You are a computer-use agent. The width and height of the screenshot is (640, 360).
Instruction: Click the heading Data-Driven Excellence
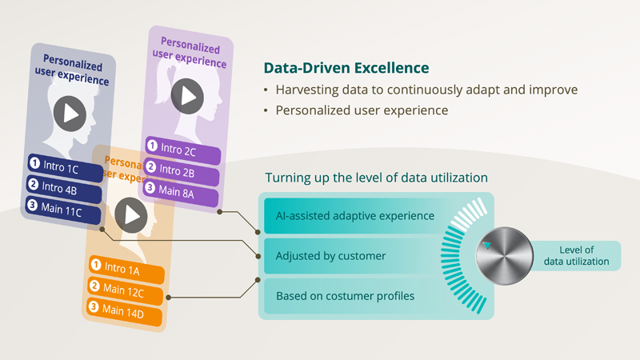tap(346, 68)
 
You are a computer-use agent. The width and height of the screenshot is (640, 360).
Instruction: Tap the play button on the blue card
tap(70, 114)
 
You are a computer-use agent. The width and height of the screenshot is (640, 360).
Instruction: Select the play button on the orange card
tap(131, 215)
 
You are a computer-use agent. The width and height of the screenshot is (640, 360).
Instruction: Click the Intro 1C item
tap(66, 168)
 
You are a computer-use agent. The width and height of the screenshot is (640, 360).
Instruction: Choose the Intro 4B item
tap(64, 189)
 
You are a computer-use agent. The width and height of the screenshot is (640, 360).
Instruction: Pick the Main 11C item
tap(63, 210)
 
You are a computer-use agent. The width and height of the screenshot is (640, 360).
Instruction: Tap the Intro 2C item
tap(183, 150)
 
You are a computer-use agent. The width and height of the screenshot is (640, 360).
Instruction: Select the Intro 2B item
tap(182, 171)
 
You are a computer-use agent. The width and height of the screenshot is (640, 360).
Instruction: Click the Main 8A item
tap(181, 192)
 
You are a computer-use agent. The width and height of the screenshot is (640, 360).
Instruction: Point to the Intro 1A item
tap(126, 270)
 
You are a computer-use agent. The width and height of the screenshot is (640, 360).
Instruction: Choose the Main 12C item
tap(126, 290)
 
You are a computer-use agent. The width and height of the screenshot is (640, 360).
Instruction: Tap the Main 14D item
tap(124, 311)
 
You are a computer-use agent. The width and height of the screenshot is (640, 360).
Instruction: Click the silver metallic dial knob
tap(505, 256)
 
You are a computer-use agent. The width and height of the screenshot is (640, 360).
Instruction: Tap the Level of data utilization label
tap(576, 256)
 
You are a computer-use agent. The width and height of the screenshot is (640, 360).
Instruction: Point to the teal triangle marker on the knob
tap(487, 245)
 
